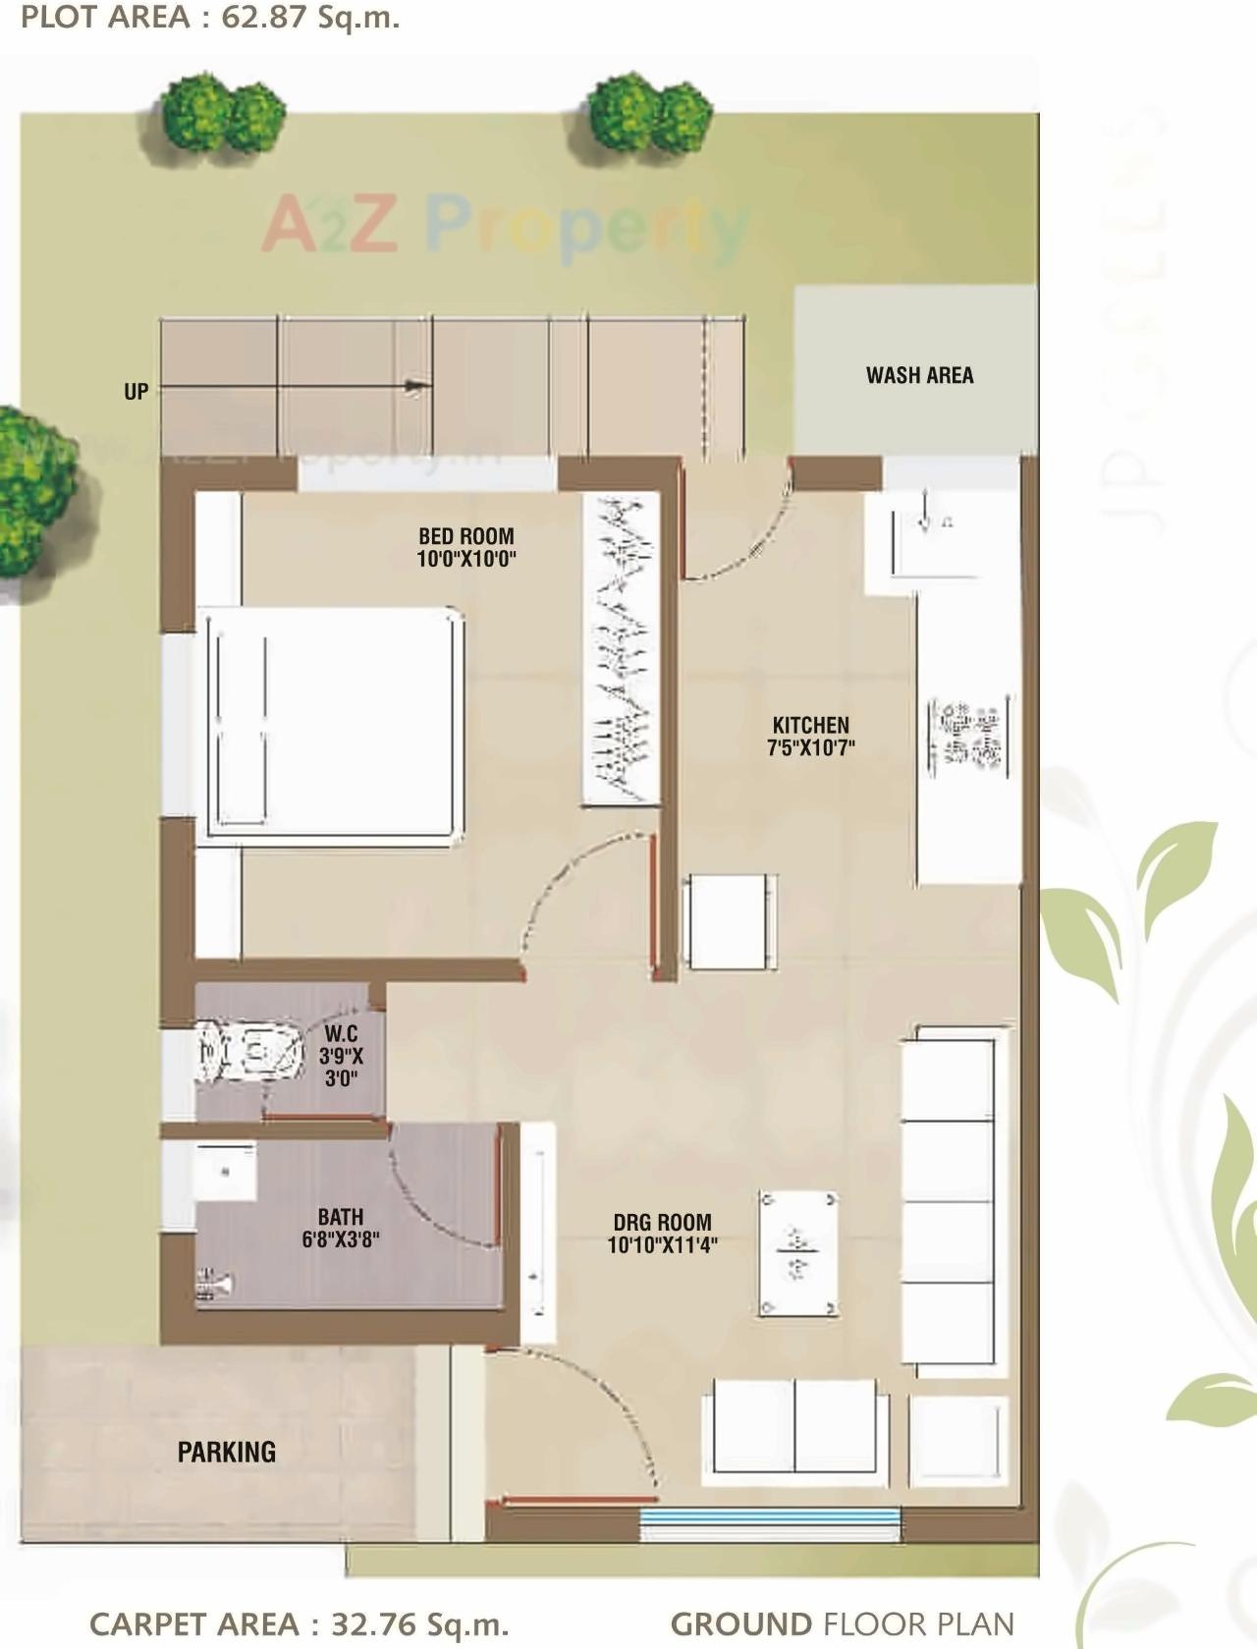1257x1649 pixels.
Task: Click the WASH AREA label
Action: pos(919,375)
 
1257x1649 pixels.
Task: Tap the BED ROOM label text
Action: pos(466,536)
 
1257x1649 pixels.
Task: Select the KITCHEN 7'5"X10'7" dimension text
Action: pos(811,747)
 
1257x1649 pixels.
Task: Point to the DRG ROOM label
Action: pos(662,1223)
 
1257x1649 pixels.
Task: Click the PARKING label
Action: pos(226,1452)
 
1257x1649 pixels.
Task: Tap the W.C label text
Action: pos(341,1034)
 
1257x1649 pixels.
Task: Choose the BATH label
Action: pos(341,1217)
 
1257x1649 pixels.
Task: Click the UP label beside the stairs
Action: pos(137,391)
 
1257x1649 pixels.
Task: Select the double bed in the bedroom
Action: pos(329,725)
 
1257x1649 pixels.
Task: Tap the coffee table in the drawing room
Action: pos(797,1254)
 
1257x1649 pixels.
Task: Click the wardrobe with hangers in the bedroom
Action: pos(620,650)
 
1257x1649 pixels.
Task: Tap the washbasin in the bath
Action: pos(226,1171)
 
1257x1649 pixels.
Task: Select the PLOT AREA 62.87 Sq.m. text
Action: pos(210,18)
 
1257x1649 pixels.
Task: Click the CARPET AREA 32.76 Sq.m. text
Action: pos(299,1623)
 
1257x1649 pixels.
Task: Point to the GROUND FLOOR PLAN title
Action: pos(842,1623)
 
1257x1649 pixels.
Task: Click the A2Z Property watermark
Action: pos(505,226)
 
